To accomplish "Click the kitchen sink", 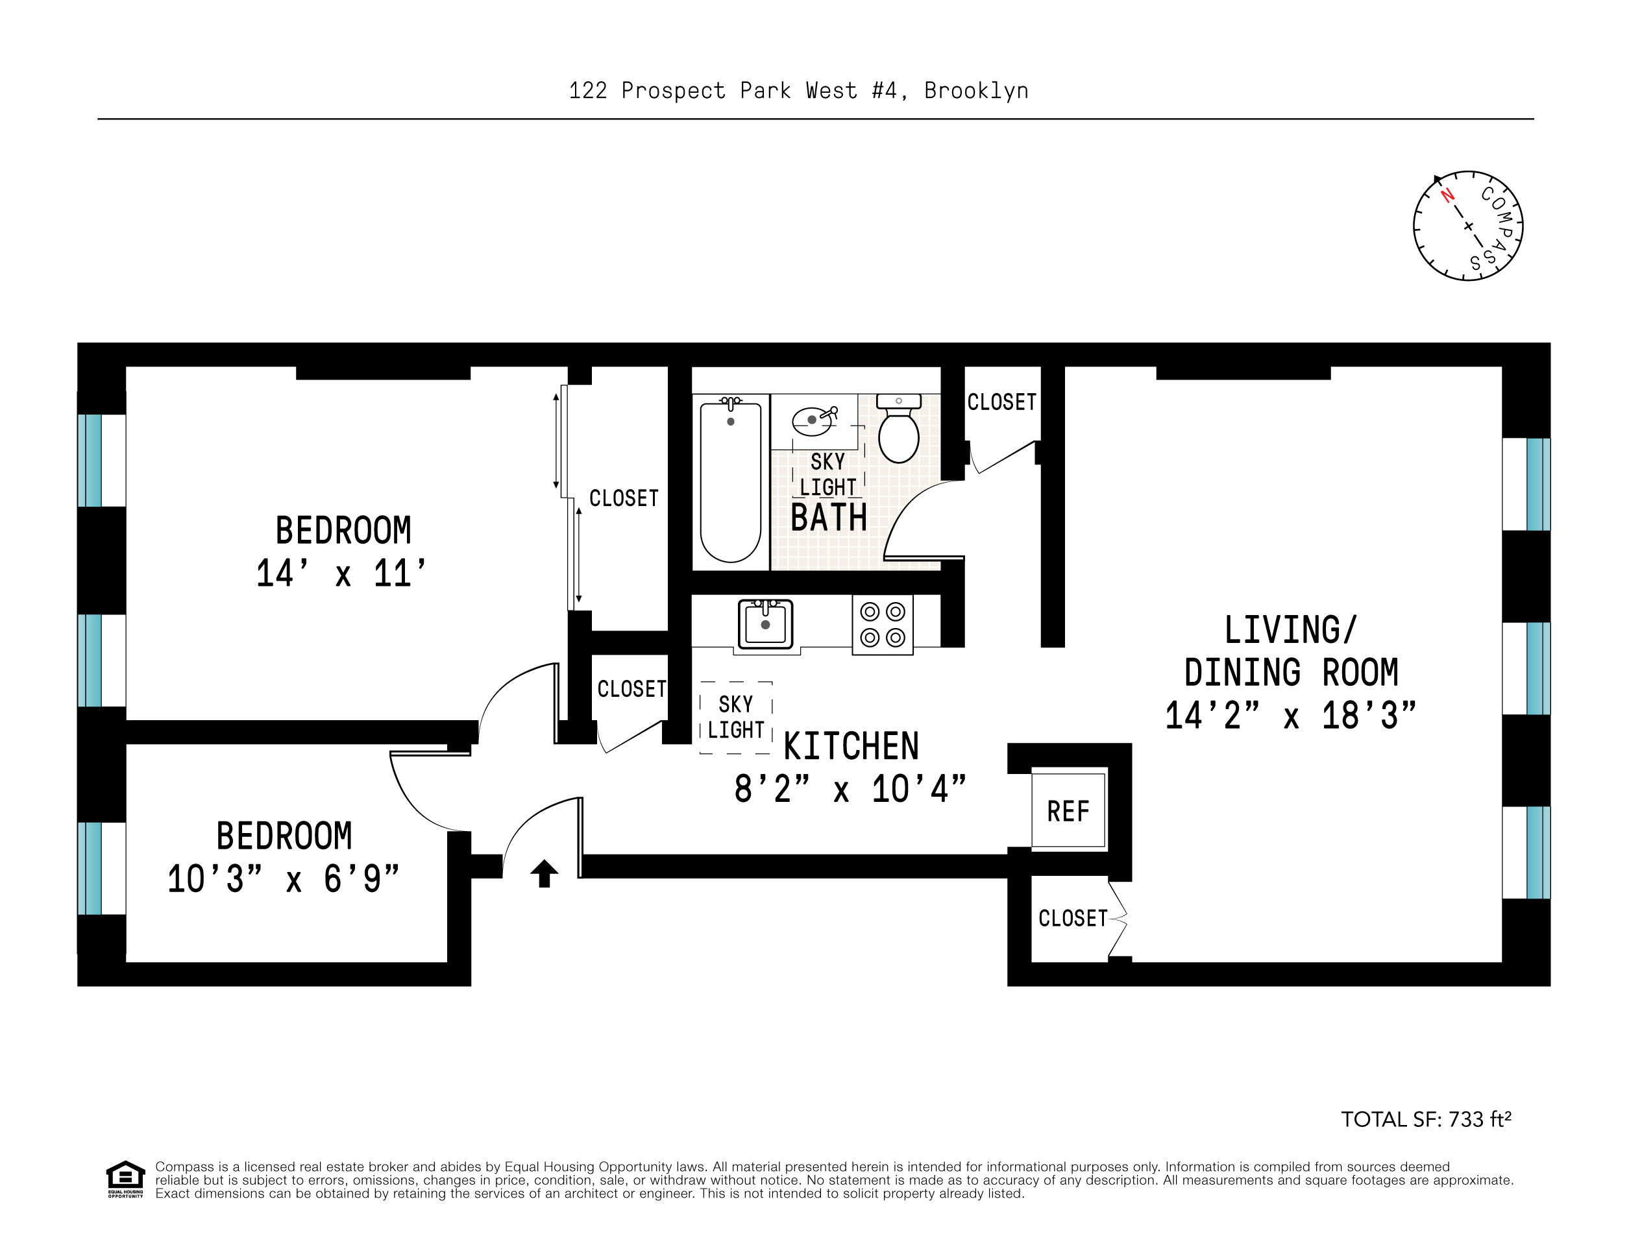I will pos(765,624).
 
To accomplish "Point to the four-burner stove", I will pos(883,625).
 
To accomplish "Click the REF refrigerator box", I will pos(1068,810).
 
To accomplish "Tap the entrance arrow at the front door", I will pos(544,873).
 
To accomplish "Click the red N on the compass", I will pos(1447,196).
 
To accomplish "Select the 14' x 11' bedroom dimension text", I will pos(341,574).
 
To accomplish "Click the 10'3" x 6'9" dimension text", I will pos(283,879).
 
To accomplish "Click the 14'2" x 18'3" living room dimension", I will pos(1290,716).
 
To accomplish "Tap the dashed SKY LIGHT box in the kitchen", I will pos(735,718).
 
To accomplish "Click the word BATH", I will pos(829,518).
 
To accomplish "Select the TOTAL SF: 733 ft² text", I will pos(1425,1120).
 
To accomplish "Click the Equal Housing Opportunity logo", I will pos(125,1178).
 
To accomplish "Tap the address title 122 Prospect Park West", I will pos(798,91).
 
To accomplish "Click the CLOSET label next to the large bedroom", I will pos(624,498).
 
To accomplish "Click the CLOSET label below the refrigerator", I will pos(1073,918).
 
